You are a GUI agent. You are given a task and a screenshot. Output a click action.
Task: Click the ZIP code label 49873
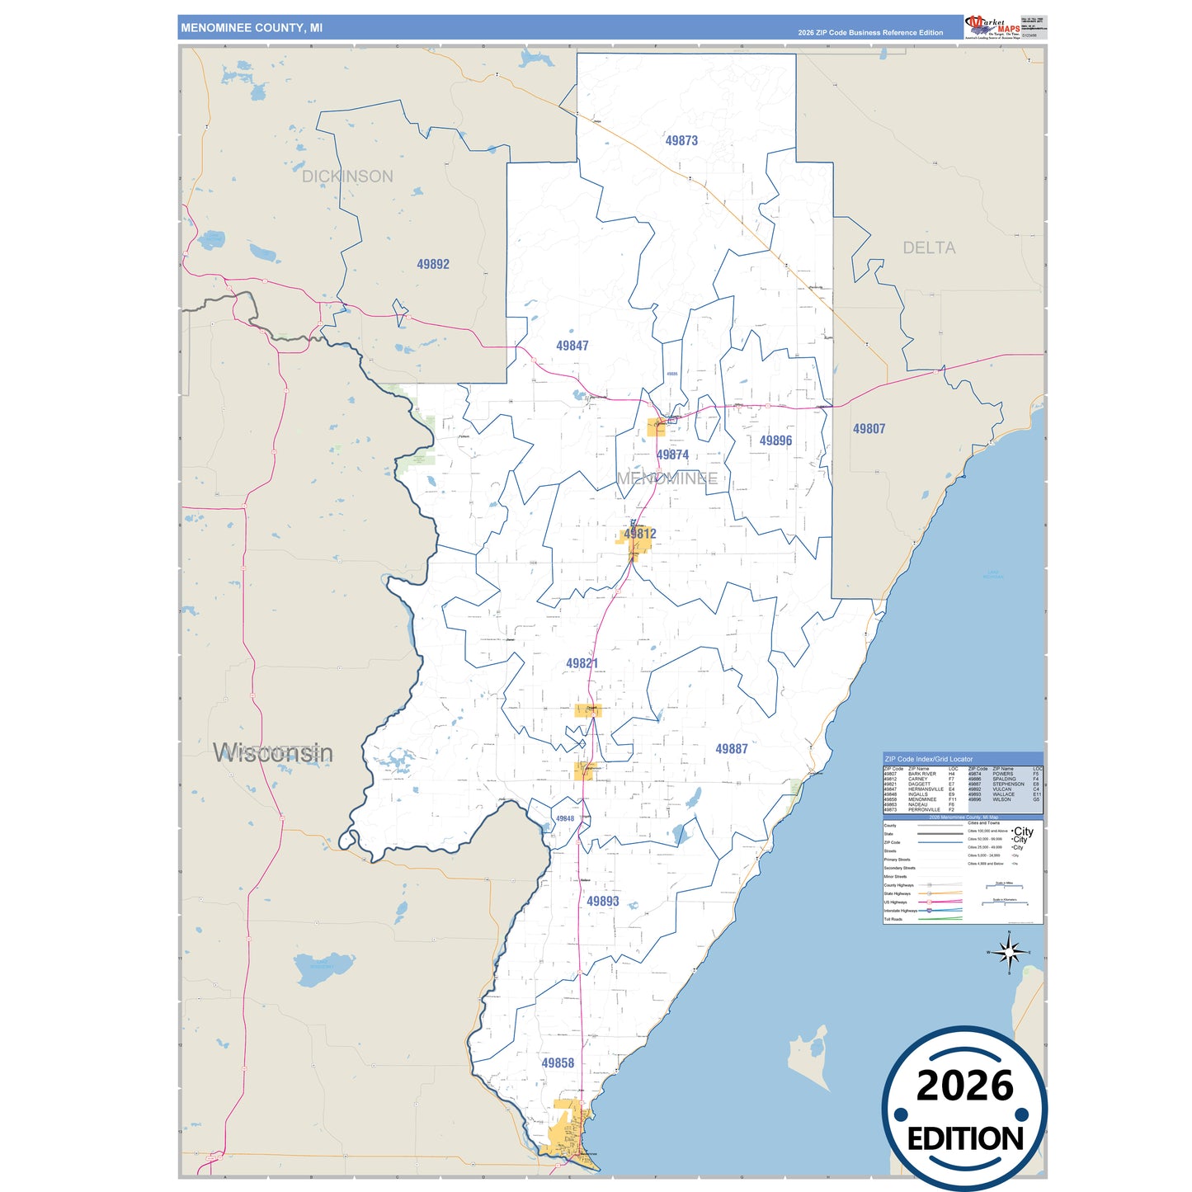click(681, 141)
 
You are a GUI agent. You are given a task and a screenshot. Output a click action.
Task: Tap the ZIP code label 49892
click(433, 265)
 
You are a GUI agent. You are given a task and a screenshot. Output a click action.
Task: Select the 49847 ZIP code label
click(572, 346)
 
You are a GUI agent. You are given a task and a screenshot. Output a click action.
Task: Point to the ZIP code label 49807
click(869, 429)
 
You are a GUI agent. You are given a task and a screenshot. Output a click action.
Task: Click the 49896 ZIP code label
click(775, 441)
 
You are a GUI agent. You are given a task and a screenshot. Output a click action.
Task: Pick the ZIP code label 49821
click(582, 664)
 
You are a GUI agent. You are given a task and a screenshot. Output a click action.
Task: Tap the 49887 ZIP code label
click(732, 749)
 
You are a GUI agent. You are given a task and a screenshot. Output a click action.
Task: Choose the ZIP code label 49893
click(602, 902)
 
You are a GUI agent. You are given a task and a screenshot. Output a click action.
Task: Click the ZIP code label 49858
click(558, 1063)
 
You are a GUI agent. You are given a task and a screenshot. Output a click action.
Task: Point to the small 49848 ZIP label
click(565, 819)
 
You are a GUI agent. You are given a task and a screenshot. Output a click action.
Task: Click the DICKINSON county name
click(347, 177)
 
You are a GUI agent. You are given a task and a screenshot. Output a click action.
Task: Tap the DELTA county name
click(929, 248)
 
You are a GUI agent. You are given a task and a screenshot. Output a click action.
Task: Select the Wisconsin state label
click(273, 753)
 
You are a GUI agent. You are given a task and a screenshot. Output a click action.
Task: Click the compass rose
click(1009, 953)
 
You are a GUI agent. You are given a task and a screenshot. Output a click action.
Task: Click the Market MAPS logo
click(993, 26)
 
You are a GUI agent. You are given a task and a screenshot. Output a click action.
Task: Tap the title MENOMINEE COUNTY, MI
click(252, 28)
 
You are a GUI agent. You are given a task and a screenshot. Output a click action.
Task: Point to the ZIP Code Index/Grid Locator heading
click(928, 759)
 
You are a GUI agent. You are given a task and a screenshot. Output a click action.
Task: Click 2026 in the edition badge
click(964, 1086)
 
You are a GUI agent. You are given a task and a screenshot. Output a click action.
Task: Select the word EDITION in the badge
click(965, 1139)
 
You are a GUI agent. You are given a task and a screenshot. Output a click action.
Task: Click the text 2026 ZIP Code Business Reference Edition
click(870, 33)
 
